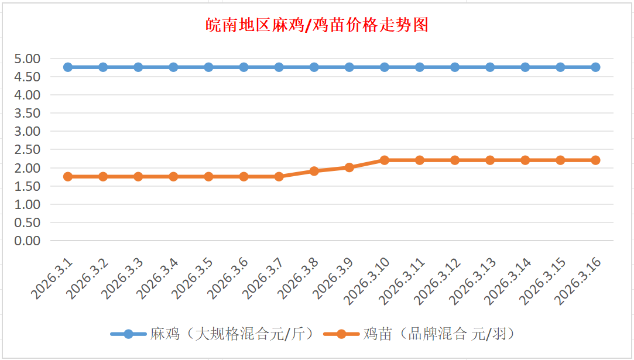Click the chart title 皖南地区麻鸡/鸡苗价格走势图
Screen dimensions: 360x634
pos(317,25)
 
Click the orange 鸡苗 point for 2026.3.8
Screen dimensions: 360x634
pos(314,171)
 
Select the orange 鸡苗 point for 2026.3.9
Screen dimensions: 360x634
pos(349,167)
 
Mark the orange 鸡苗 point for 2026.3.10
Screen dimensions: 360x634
pos(384,160)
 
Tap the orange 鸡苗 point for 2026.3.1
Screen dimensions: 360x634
pos(68,176)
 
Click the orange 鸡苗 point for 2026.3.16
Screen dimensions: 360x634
pos(595,160)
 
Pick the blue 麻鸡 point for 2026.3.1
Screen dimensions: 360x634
pos(68,67)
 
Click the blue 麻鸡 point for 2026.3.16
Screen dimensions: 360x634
pos(595,67)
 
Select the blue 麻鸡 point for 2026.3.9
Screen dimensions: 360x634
pos(349,67)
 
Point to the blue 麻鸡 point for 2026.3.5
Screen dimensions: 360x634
pos(208,67)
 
